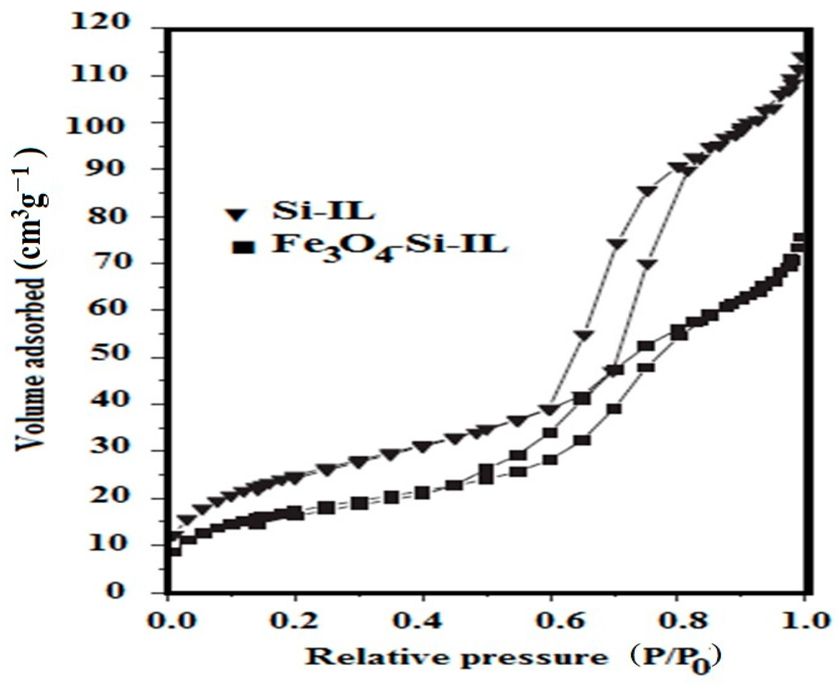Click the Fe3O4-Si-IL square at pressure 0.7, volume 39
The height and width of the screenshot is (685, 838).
[x=614, y=409]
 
